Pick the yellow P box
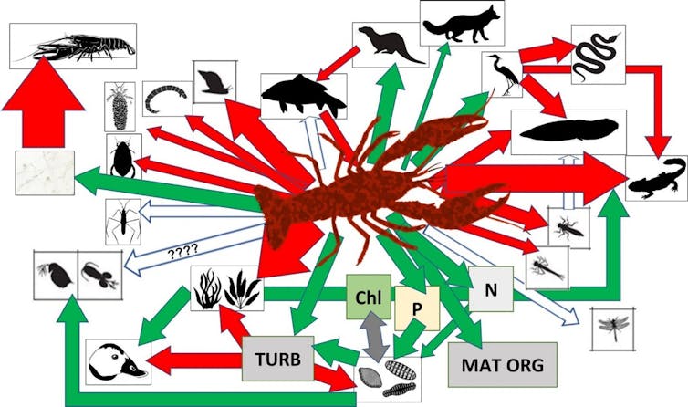[416, 308]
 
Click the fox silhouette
[463, 21]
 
